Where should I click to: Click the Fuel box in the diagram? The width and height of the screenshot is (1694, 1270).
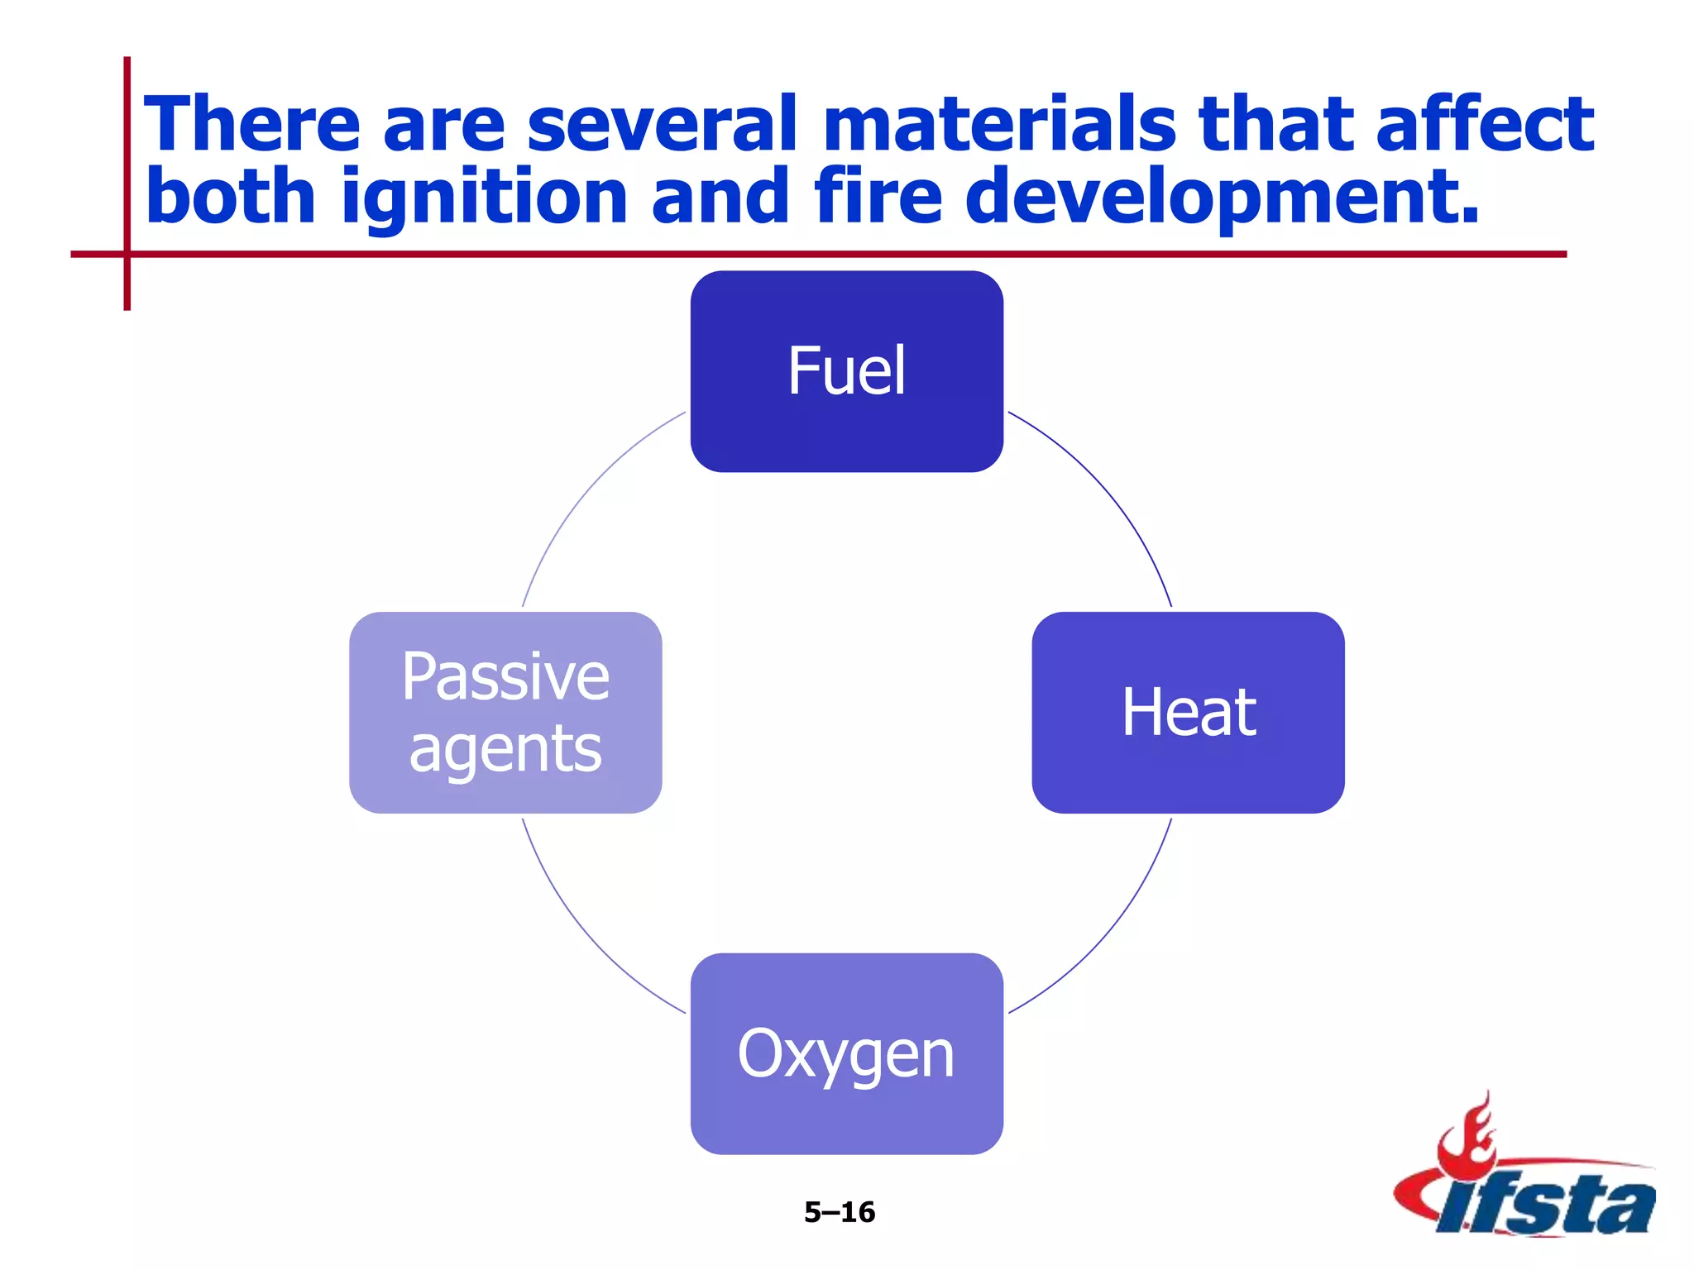pyautogui.click(x=846, y=371)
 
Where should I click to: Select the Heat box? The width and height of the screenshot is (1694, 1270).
pyautogui.click(x=1188, y=712)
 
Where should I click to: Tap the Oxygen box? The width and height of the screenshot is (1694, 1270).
pyautogui.click(x=846, y=1053)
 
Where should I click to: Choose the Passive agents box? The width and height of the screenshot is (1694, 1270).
pyautogui.click(x=505, y=712)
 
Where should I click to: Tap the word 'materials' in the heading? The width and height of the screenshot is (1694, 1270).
pyautogui.click(x=998, y=124)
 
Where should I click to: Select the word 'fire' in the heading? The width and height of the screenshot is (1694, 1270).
pyautogui.click(x=878, y=197)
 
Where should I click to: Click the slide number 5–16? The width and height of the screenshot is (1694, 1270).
pyautogui.click(x=840, y=1212)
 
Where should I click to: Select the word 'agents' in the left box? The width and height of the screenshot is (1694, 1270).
pyautogui.click(x=505, y=749)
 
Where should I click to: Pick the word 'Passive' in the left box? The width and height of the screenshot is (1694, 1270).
pyautogui.click(x=505, y=676)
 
